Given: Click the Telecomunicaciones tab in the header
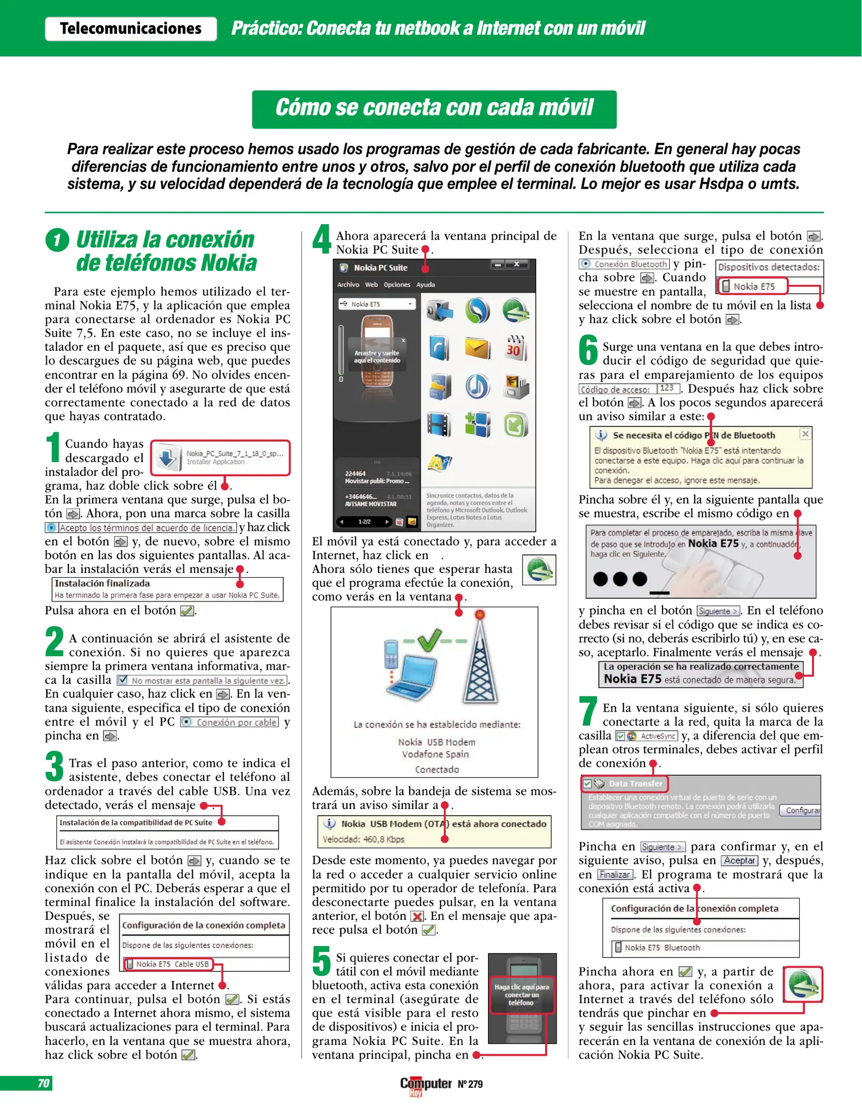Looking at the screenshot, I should (130, 28).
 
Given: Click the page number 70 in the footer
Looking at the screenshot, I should (43, 1083).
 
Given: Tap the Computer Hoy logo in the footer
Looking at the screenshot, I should (426, 1085).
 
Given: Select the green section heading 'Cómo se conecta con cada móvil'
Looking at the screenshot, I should (434, 109).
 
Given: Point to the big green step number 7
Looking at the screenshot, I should (587, 711).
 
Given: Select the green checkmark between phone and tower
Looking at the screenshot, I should (429, 640).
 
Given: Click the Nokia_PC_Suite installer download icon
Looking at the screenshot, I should (167, 458).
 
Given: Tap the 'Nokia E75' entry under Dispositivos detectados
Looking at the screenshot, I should (753, 286).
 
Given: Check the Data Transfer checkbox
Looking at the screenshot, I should (587, 784).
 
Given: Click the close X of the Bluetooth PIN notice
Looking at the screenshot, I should (805, 434).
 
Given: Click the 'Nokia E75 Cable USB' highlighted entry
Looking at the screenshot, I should (168, 964).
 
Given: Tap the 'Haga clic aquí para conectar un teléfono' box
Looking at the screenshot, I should (521, 995).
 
